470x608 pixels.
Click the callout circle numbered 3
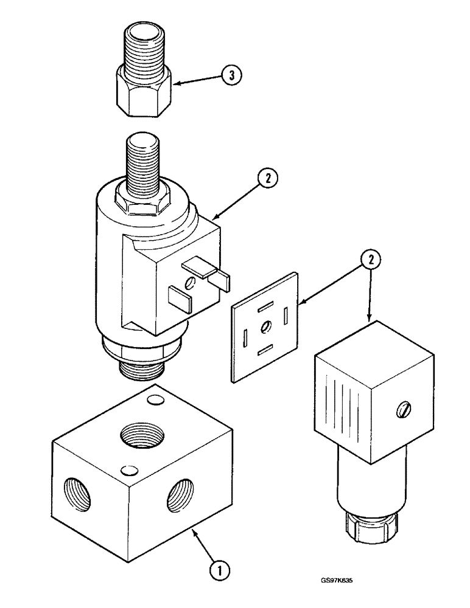(x=230, y=75)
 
